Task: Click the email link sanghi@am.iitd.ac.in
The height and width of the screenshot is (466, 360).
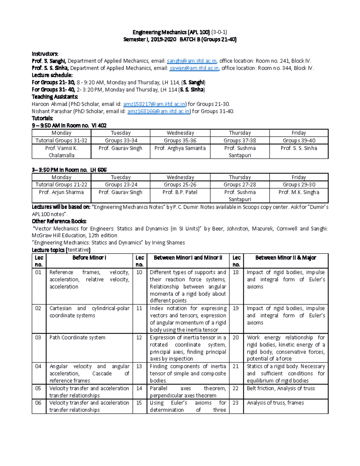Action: [x=191, y=61]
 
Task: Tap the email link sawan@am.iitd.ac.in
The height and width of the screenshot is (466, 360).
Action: [x=194, y=68]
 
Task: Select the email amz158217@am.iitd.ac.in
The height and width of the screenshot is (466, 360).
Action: [x=154, y=104]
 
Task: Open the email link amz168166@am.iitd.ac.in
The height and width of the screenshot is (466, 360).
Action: [x=159, y=111]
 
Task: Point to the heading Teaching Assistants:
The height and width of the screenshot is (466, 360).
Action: [x=55, y=97]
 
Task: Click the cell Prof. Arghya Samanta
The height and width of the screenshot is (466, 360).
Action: [x=180, y=148]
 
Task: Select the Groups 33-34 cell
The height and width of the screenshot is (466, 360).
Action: [x=121, y=140]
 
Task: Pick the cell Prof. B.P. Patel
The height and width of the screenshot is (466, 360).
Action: [x=180, y=192]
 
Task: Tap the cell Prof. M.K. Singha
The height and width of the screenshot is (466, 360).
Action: [x=298, y=192]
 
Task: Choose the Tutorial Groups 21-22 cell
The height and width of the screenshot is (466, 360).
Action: [x=61, y=185]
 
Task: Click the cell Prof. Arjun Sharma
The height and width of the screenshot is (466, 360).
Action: [x=61, y=192]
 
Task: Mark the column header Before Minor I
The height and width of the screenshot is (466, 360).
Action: [x=89, y=258]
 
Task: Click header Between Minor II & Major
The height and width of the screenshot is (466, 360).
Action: [x=286, y=258]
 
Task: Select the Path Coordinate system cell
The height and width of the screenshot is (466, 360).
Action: [x=77, y=338]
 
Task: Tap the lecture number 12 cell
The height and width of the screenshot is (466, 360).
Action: [x=139, y=338]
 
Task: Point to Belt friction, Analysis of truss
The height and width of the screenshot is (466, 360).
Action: [x=281, y=388]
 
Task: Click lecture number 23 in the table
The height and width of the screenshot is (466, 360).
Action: [x=236, y=403]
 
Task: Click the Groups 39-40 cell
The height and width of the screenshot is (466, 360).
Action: [x=299, y=140]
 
